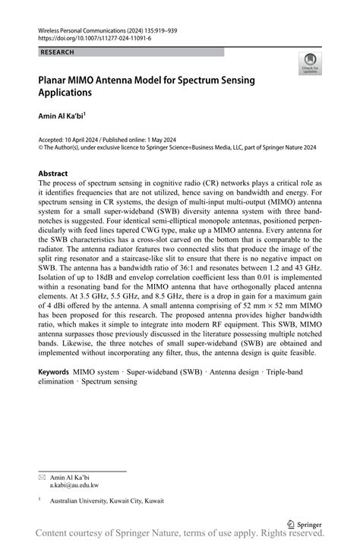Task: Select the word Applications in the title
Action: point(65,93)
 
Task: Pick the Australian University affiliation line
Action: point(106,501)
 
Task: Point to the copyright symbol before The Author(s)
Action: point(41,148)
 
